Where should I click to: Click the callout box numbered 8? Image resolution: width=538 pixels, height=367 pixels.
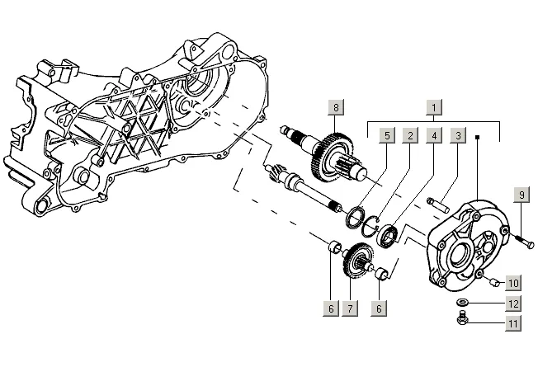(x=336, y=107)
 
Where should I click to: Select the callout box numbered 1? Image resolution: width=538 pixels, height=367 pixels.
(x=434, y=107)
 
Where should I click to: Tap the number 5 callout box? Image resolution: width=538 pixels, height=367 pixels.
(x=387, y=135)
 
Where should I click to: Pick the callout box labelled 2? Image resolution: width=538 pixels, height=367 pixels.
(x=410, y=135)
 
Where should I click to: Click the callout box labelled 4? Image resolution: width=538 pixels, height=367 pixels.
(x=434, y=135)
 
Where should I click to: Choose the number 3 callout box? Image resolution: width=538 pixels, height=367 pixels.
(x=458, y=135)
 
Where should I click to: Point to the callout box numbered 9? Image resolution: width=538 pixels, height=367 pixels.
(x=521, y=195)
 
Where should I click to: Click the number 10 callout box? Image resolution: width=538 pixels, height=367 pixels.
(x=513, y=284)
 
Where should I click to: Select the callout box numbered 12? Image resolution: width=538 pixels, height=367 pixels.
(x=513, y=303)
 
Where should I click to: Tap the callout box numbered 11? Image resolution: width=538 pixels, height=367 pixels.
(x=513, y=323)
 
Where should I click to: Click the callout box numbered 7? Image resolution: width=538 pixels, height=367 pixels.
(x=350, y=308)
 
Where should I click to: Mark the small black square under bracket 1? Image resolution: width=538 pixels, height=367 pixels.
(x=477, y=137)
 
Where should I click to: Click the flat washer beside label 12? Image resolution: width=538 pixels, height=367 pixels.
(x=462, y=303)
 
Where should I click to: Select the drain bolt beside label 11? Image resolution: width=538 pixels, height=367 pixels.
(x=463, y=318)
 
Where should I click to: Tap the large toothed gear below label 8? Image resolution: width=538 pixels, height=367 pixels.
(x=333, y=156)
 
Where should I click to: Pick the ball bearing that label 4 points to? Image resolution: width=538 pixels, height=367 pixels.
(x=388, y=235)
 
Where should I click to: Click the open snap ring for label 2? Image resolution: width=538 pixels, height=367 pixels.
(x=370, y=226)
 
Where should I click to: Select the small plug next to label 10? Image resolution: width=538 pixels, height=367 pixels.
(x=494, y=282)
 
